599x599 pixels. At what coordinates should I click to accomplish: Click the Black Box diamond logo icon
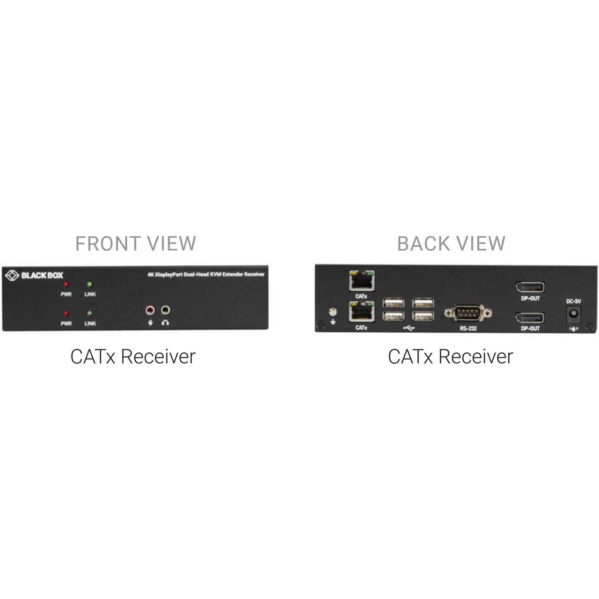(12, 276)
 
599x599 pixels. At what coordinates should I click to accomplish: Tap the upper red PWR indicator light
(66, 285)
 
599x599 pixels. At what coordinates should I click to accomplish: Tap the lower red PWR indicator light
(66, 314)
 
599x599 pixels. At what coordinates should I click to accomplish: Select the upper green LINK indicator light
(89, 284)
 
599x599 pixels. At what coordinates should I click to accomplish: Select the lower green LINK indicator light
(89, 313)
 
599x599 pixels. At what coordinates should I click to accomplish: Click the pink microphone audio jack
(150, 310)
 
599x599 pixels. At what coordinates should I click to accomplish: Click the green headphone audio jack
(165, 310)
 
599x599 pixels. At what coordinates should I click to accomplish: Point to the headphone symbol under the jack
(165, 322)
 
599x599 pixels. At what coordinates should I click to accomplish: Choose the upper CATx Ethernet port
(362, 281)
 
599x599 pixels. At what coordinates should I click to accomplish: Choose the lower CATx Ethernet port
(362, 311)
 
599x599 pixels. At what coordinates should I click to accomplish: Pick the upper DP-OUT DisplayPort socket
(530, 287)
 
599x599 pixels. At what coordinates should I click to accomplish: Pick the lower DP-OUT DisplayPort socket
(530, 318)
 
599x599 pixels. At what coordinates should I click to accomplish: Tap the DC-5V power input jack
(574, 314)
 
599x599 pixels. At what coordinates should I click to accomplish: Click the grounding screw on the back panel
(333, 312)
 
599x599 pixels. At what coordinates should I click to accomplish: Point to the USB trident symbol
(409, 328)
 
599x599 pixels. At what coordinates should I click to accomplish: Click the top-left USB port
(394, 302)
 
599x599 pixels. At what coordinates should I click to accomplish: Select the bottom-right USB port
(423, 316)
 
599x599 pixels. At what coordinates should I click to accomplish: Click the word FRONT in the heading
(108, 244)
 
